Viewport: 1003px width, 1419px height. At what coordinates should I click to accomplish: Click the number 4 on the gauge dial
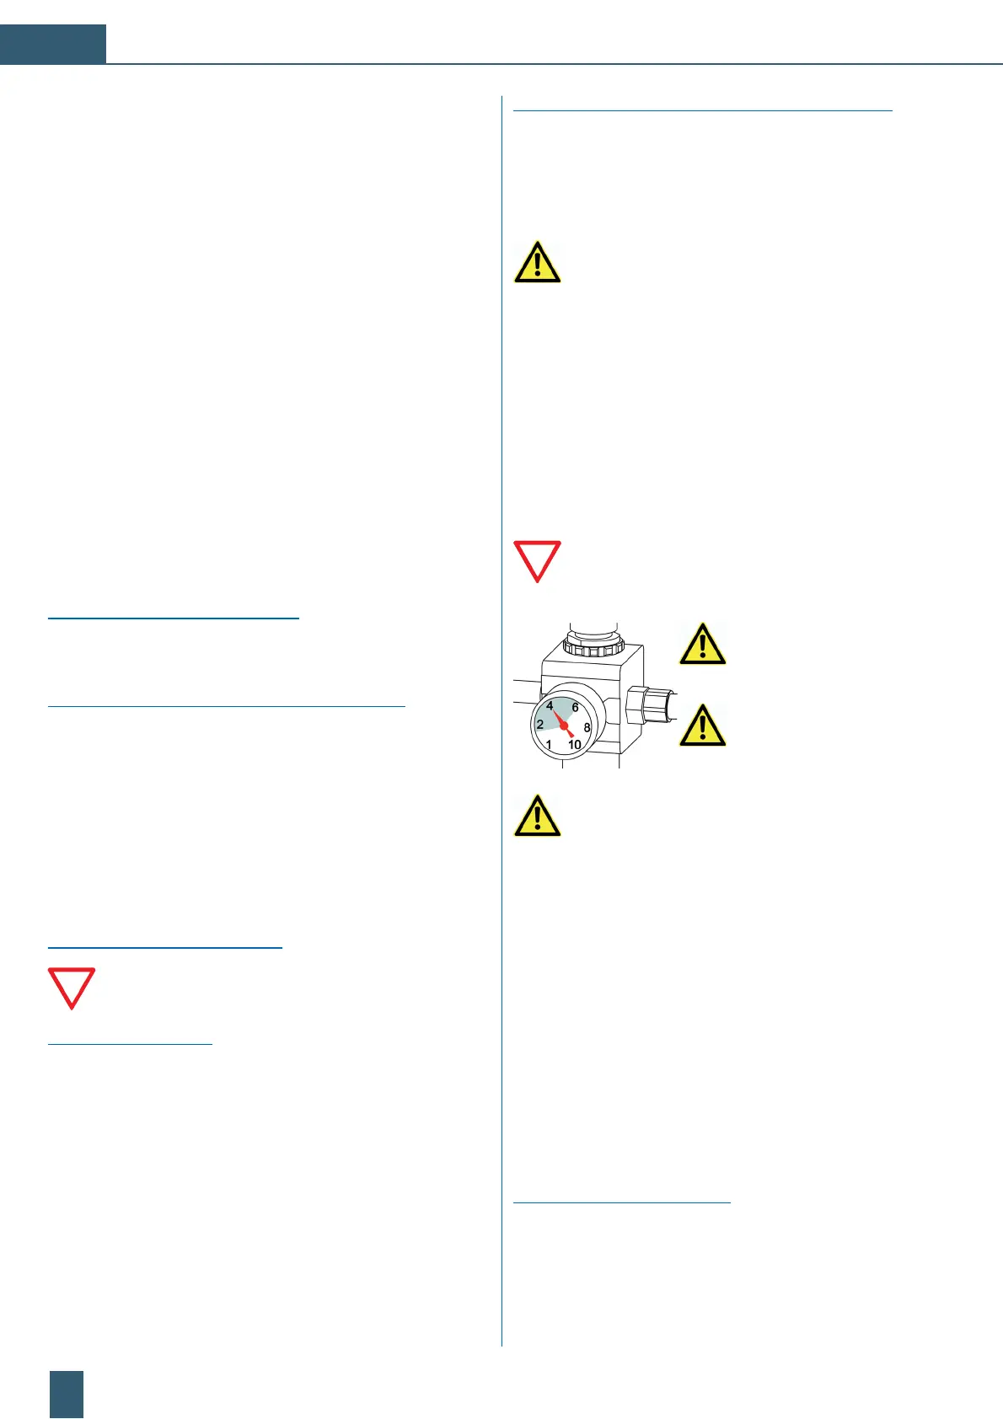pos(550,706)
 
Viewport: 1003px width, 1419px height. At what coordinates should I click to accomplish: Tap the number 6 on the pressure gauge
pos(576,708)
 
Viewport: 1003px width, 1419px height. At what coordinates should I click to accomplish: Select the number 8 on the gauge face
pos(587,727)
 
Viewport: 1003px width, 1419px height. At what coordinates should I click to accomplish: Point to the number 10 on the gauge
pos(575,745)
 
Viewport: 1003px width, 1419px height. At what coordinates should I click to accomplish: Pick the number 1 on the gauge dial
pos(549,745)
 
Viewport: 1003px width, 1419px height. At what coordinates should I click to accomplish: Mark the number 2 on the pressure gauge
pos(540,725)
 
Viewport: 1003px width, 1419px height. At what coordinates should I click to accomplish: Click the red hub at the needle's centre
pos(564,726)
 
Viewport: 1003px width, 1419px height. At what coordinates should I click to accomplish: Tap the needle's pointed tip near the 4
pos(554,710)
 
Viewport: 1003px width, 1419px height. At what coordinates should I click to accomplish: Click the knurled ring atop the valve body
pos(593,645)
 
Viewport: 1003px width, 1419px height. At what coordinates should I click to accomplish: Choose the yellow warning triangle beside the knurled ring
pos(702,645)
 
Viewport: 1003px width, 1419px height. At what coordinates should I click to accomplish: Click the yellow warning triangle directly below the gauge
pos(537,816)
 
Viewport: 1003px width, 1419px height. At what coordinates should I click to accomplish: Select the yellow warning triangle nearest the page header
pos(537,262)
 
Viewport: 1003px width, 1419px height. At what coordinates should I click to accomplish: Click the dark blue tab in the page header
pos(53,44)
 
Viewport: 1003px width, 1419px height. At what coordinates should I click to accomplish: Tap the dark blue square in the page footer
pos(67,1394)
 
